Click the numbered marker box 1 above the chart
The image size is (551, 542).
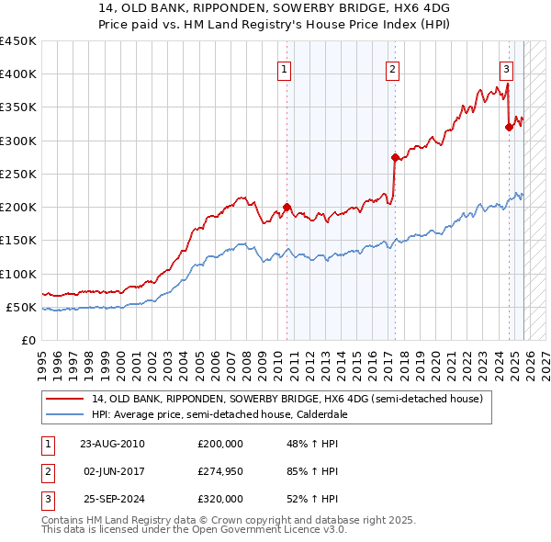tap(285, 68)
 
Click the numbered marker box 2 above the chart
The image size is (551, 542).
tap(392, 68)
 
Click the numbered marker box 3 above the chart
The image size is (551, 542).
tap(506, 68)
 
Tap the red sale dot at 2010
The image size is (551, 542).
tap(287, 207)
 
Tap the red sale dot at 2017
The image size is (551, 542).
tap(394, 157)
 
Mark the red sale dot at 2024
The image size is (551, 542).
tap(509, 128)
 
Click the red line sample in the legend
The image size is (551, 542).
tap(66, 400)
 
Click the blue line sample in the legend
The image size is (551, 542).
tap(66, 414)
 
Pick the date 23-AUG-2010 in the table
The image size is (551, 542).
tap(113, 444)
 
